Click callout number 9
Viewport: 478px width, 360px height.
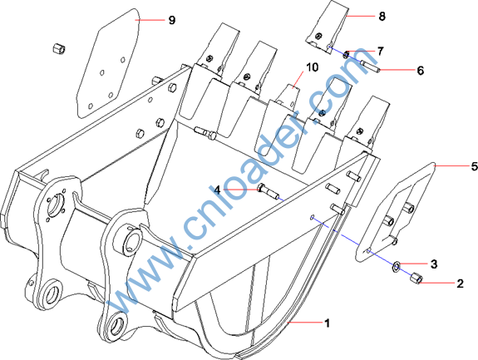[172, 20]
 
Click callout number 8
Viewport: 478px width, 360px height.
[382, 16]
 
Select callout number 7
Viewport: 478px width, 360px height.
[380, 52]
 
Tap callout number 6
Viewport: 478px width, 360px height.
[421, 71]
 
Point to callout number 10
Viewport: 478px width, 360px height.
[312, 67]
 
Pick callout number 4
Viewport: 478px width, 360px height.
[217, 190]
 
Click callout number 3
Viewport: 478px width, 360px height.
[434, 264]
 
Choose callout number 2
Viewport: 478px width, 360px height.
[460, 284]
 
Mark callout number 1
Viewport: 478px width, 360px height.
[327, 323]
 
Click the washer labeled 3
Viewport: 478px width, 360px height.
[396, 268]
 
